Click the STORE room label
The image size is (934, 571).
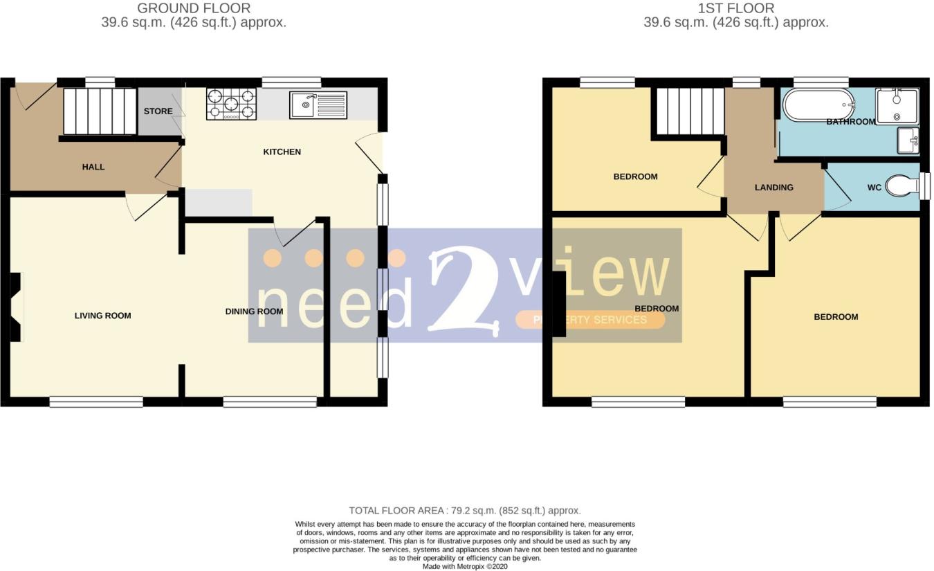[158, 111]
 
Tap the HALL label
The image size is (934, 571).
[93, 167]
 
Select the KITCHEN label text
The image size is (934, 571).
[282, 152]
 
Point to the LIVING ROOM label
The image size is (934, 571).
[102, 316]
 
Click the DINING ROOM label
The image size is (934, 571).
[254, 311]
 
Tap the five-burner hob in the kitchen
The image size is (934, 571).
[231, 105]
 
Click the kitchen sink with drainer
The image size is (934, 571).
[318, 105]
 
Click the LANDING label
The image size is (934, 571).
[774, 188]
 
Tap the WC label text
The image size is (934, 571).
[874, 188]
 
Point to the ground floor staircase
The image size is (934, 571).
[100, 111]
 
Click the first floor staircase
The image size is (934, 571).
[690, 111]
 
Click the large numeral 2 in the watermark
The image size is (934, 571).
[463, 291]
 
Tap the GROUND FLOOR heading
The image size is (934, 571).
[194, 8]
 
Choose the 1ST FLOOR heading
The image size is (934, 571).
[736, 8]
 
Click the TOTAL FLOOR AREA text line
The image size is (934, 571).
[465, 511]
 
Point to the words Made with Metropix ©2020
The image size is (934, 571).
[465, 566]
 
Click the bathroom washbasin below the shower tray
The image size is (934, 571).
[908, 140]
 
